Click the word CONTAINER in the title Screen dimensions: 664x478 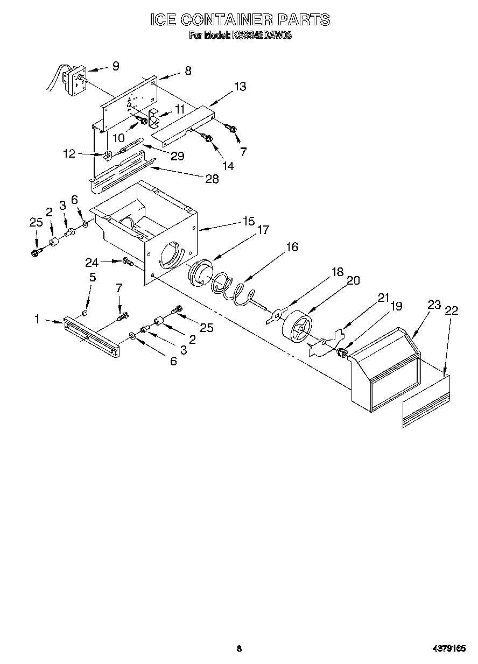(227, 20)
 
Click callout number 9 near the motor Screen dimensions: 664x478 (116, 66)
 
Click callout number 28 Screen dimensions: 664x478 (212, 179)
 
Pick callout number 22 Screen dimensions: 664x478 (452, 310)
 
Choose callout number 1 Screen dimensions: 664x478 (37, 319)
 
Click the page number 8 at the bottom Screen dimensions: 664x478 (239, 649)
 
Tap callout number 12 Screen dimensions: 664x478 (68, 154)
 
